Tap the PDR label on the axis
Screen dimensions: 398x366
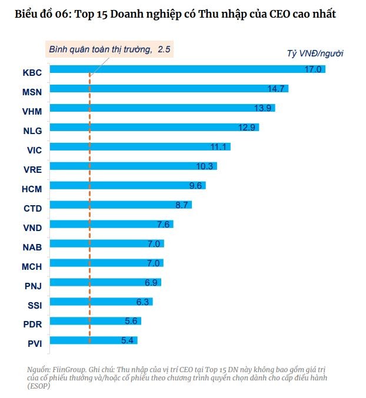pos(32,325)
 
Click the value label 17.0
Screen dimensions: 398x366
pos(312,69)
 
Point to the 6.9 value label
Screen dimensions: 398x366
pos(151,282)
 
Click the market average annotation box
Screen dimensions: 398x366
pos(109,50)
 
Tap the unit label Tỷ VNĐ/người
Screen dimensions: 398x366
pos(315,53)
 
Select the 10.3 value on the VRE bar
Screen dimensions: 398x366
pos(204,166)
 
